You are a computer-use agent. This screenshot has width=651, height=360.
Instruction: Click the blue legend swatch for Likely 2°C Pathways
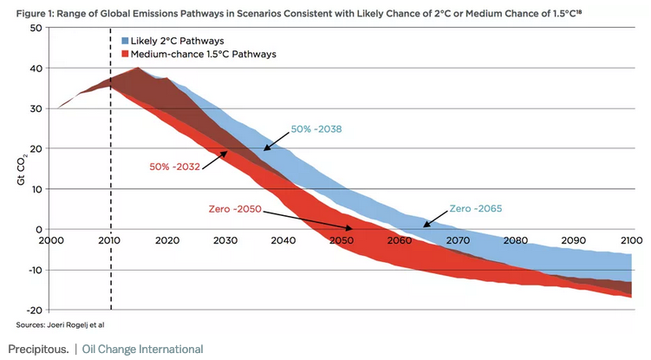tap(127, 42)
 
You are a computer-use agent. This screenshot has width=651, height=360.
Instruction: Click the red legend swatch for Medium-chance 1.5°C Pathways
tap(127, 55)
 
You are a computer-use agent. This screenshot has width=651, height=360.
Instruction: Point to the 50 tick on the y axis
tap(36, 28)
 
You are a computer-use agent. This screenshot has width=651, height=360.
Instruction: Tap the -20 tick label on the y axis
tap(33, 310)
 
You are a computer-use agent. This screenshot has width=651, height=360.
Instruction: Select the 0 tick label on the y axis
tap(40, 229)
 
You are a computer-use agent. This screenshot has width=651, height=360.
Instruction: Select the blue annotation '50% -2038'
tap(316, 128)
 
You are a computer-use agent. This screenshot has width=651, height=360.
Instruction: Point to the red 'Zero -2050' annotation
tap(234, 210)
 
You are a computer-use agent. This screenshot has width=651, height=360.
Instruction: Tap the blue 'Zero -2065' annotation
tap(476, 209)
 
